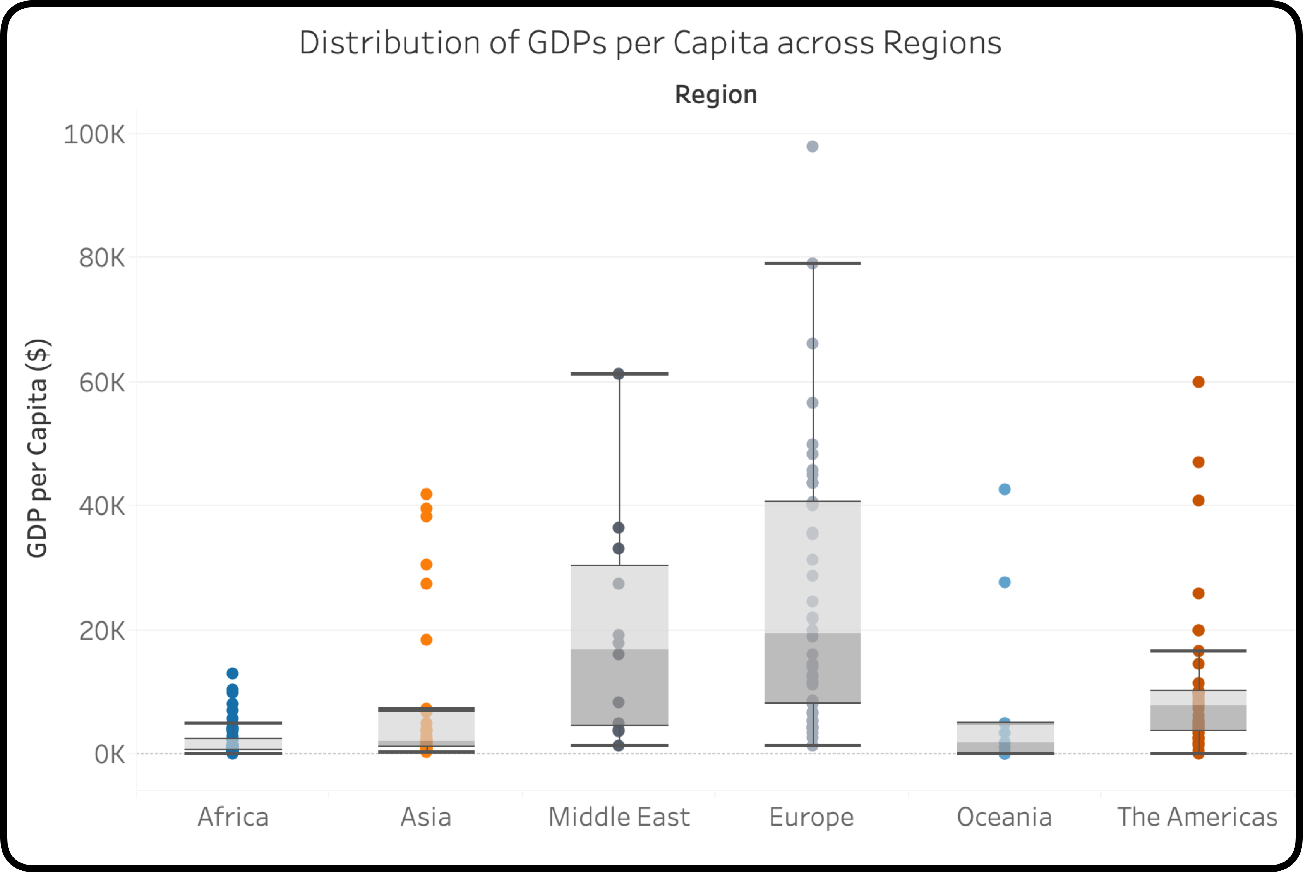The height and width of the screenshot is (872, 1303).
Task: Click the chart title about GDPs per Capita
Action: (650, 43)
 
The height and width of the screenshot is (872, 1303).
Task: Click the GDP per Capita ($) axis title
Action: (38, 448)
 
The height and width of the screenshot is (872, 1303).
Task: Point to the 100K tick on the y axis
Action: (94, 135)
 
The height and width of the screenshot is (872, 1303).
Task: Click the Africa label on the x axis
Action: (233, 817)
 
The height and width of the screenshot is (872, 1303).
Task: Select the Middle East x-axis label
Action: (619, 817)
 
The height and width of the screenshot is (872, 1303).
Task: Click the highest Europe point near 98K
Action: (812, 147)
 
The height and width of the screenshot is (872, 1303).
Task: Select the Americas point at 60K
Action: (1198, 382)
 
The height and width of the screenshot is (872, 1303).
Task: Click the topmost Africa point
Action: (232, 673)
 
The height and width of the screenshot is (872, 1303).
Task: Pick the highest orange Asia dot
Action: (426, 494)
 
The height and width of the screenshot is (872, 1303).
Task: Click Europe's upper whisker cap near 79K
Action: (812, 264)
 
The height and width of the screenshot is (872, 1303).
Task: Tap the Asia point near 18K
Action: (426, 640)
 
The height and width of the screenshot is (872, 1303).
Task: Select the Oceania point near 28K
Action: (1005, 582)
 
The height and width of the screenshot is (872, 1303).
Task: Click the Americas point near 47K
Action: (1198, 462)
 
